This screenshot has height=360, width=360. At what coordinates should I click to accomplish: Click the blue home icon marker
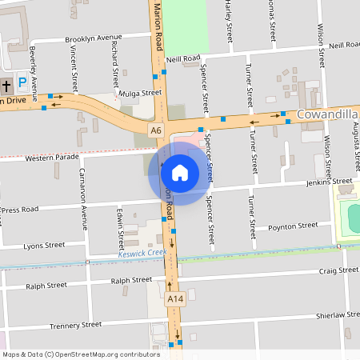tap(179, 173)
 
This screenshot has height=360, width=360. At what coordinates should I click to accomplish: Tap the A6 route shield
tap(155, 130)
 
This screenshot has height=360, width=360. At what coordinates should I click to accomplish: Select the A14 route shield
tap(175, 298)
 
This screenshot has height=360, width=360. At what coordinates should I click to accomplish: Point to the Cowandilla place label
tap(327, 115)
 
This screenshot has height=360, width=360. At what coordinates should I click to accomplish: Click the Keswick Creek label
tap(142, 253)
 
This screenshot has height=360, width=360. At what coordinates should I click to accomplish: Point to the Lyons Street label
tap(44, 246)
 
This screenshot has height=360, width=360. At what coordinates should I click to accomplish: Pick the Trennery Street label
tap(76, 326)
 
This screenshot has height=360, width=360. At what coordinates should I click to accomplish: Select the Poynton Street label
tap(293, 227)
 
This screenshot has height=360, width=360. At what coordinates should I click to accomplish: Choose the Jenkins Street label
tap(329, 182)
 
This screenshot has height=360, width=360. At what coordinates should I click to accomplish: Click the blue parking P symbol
tap(22, 83)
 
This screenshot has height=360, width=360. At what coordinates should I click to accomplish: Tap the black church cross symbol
tap(6, 84)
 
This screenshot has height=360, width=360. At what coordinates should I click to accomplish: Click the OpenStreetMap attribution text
tap(81, 354)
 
